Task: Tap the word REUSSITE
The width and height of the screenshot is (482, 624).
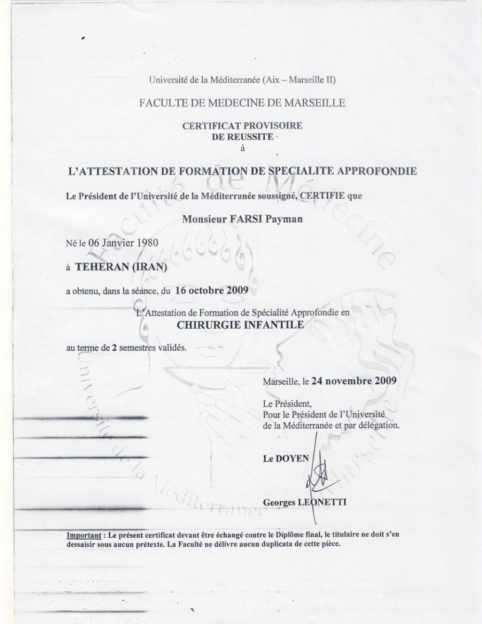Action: pos(253,136)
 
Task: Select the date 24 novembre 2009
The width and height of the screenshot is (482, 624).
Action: pos(354,380)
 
